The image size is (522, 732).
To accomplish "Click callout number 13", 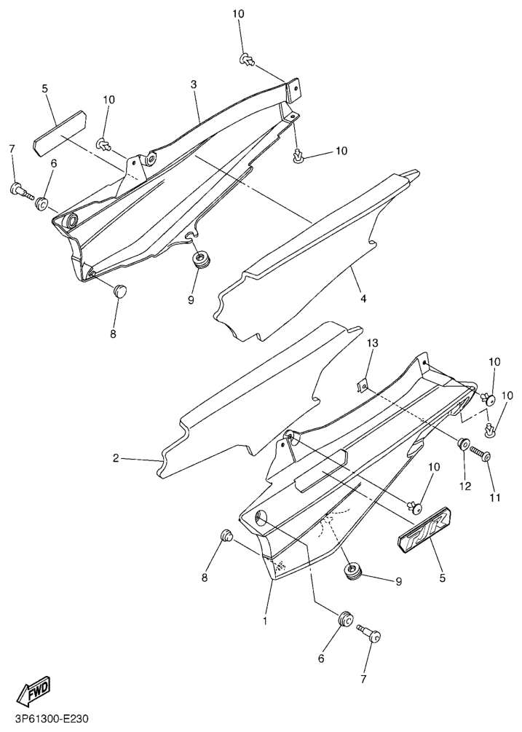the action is point(372,343).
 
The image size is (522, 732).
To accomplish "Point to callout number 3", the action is point(194,84).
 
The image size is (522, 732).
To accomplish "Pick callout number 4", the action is point(363,298).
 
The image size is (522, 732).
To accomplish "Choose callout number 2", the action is point(116,458).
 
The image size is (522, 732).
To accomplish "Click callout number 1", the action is point(265,621).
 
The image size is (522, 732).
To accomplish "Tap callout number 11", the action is point(494,497).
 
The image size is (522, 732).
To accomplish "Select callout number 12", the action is point(465,486).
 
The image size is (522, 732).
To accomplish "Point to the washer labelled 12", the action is point(463,444).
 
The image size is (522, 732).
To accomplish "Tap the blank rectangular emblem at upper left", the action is point(60,131).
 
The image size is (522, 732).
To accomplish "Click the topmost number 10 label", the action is point(238,14).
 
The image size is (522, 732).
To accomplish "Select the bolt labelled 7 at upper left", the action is point(22,191).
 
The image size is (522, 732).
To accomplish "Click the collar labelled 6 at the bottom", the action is point(346,620).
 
